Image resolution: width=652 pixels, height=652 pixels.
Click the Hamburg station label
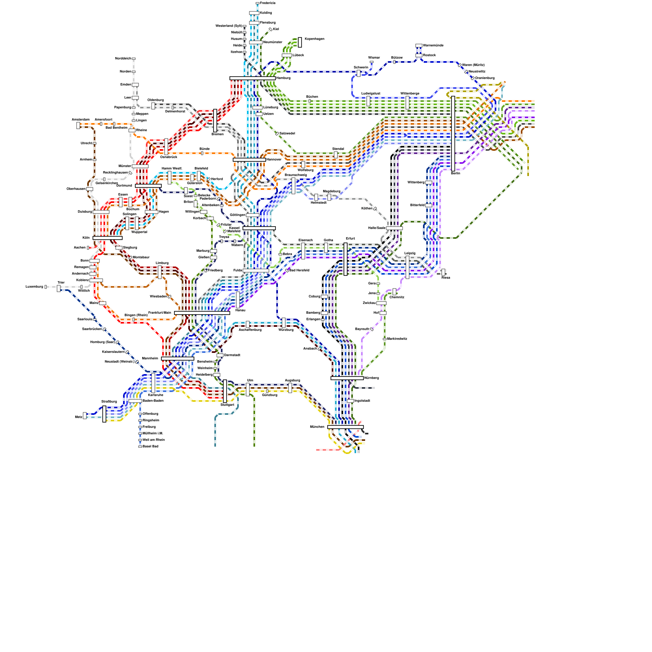coord(283,78)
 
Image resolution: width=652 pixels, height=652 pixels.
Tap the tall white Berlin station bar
coord(453,134)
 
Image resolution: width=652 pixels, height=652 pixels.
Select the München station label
coord(317,427)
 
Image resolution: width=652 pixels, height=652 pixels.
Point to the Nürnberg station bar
coord(347,378)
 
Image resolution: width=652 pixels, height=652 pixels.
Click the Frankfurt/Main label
coord(160,313)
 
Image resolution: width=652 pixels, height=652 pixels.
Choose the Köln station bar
coord(107,238)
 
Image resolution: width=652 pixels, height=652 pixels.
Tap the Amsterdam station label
coord(81,119)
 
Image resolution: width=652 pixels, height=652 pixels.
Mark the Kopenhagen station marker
coord(300,42)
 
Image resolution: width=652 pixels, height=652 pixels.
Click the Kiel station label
coord(276,29)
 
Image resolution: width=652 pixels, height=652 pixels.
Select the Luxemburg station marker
coord(46,287)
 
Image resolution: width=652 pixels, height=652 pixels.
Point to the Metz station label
coord(79,417)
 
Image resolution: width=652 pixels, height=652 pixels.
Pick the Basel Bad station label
coord(150,446)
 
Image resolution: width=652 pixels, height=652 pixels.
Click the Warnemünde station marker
coord(419,46)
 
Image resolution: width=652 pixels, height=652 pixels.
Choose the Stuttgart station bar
coord(225,391)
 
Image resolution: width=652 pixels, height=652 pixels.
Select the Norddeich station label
coord(123,59)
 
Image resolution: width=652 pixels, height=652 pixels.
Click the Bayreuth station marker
coord(372,329)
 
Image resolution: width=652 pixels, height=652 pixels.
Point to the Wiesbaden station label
coord(158,296)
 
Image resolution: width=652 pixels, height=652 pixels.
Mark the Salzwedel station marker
coord(277,134)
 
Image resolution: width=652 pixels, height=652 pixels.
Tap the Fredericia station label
coord(268,3)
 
